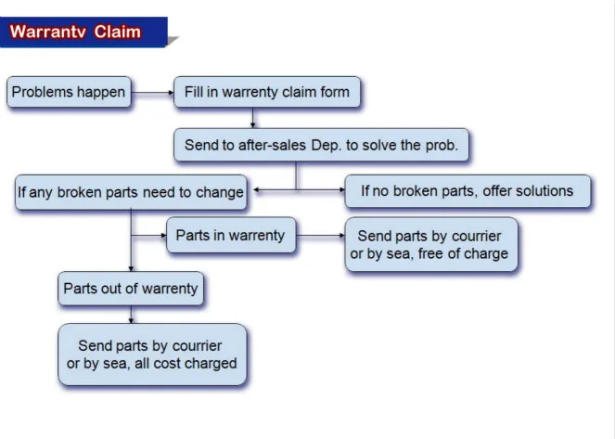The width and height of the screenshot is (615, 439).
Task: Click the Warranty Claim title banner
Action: (83, 32)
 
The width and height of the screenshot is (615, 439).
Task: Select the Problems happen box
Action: (69, 92)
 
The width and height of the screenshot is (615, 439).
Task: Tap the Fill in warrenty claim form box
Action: (267, 92)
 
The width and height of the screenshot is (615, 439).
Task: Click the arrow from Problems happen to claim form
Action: (152, 93)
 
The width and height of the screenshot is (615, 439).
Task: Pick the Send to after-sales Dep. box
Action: (321, 145)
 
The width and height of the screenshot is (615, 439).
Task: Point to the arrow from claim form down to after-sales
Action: (252, 118)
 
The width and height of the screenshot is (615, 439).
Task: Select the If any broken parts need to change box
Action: (131, 192)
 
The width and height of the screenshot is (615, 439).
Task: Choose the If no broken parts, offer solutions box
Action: (468, 191)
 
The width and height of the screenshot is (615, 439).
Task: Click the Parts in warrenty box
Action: (231, 236)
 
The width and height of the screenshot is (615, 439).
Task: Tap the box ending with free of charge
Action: (431, 244)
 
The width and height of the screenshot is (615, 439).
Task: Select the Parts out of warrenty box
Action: (131, 289)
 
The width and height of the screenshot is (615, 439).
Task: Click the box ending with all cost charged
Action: (152, 355)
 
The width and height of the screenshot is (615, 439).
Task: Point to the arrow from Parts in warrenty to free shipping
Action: (320, 236)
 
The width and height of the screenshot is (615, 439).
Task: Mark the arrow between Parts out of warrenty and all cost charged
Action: (131, 315)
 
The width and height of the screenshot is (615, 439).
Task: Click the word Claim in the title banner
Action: (117, 32)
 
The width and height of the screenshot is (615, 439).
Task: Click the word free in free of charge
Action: (431, 253)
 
